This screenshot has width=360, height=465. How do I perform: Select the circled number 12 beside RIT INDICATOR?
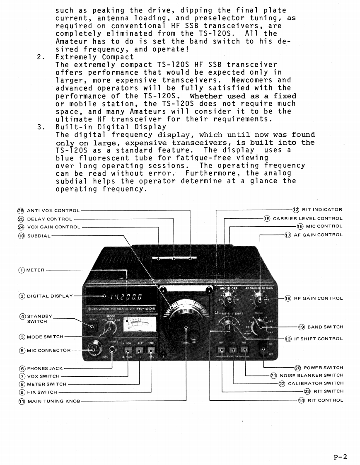[x=296, y=210]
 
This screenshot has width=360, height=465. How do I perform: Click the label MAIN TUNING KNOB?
[x=53, y=401]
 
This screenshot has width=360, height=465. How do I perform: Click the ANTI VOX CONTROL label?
[x=53, y=211]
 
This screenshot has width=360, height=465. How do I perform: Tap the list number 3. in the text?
[x=40, y=127]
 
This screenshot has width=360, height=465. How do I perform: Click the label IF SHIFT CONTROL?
[x=319, y=339]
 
